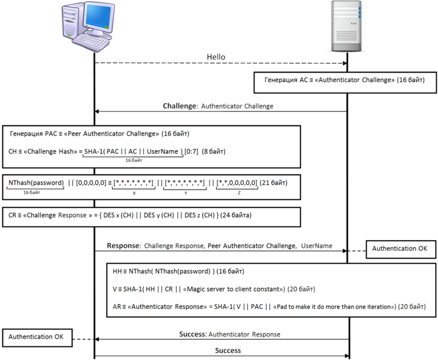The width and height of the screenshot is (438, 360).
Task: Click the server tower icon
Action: click(347, 27)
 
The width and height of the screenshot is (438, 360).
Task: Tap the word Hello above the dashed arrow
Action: click(216, 57)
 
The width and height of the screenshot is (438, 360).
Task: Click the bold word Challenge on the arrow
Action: click(180, 106)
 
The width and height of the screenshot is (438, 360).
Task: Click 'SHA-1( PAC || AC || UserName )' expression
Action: click(133, 152)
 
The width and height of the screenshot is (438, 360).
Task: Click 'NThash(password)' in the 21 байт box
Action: click(35, 182)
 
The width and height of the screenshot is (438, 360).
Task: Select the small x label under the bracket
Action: click(134, 193)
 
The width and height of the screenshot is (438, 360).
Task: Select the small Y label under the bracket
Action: click(185, 193)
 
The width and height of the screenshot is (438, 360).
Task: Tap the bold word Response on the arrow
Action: click(123, 246)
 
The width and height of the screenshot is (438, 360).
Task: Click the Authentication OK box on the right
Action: click(400, 248)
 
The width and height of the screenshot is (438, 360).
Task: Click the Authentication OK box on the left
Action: click(36, 337)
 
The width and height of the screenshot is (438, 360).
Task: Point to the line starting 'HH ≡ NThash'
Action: click(178, 271)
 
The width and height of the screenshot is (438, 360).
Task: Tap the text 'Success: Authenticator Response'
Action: click(229, 334)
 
